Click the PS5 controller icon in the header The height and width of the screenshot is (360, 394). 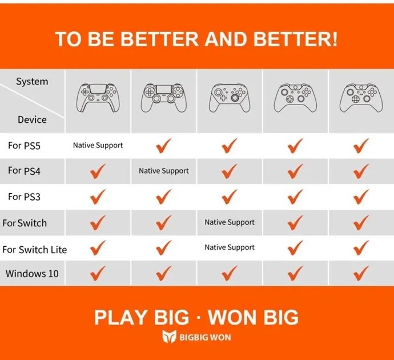98,98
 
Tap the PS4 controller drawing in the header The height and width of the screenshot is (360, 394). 164,98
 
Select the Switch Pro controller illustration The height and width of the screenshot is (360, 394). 230,98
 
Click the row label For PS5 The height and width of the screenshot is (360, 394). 24,146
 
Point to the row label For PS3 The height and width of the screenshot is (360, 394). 24,197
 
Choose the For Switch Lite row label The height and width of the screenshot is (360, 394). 35,250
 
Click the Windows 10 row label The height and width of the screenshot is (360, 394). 32,274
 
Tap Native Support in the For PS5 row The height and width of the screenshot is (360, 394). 98,145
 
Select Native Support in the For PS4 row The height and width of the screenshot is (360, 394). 164,171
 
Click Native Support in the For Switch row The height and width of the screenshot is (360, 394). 230,222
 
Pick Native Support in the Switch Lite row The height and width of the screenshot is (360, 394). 230,247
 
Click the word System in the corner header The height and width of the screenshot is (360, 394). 32,82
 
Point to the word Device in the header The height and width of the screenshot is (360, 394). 32,119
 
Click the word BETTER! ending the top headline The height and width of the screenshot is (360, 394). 295,39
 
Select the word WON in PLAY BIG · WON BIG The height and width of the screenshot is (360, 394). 232,317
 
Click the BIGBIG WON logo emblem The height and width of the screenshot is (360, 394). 168,337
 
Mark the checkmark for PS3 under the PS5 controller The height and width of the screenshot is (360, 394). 98,197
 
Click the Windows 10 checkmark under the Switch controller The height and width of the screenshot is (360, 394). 230,273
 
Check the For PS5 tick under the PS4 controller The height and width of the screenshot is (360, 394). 163,146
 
